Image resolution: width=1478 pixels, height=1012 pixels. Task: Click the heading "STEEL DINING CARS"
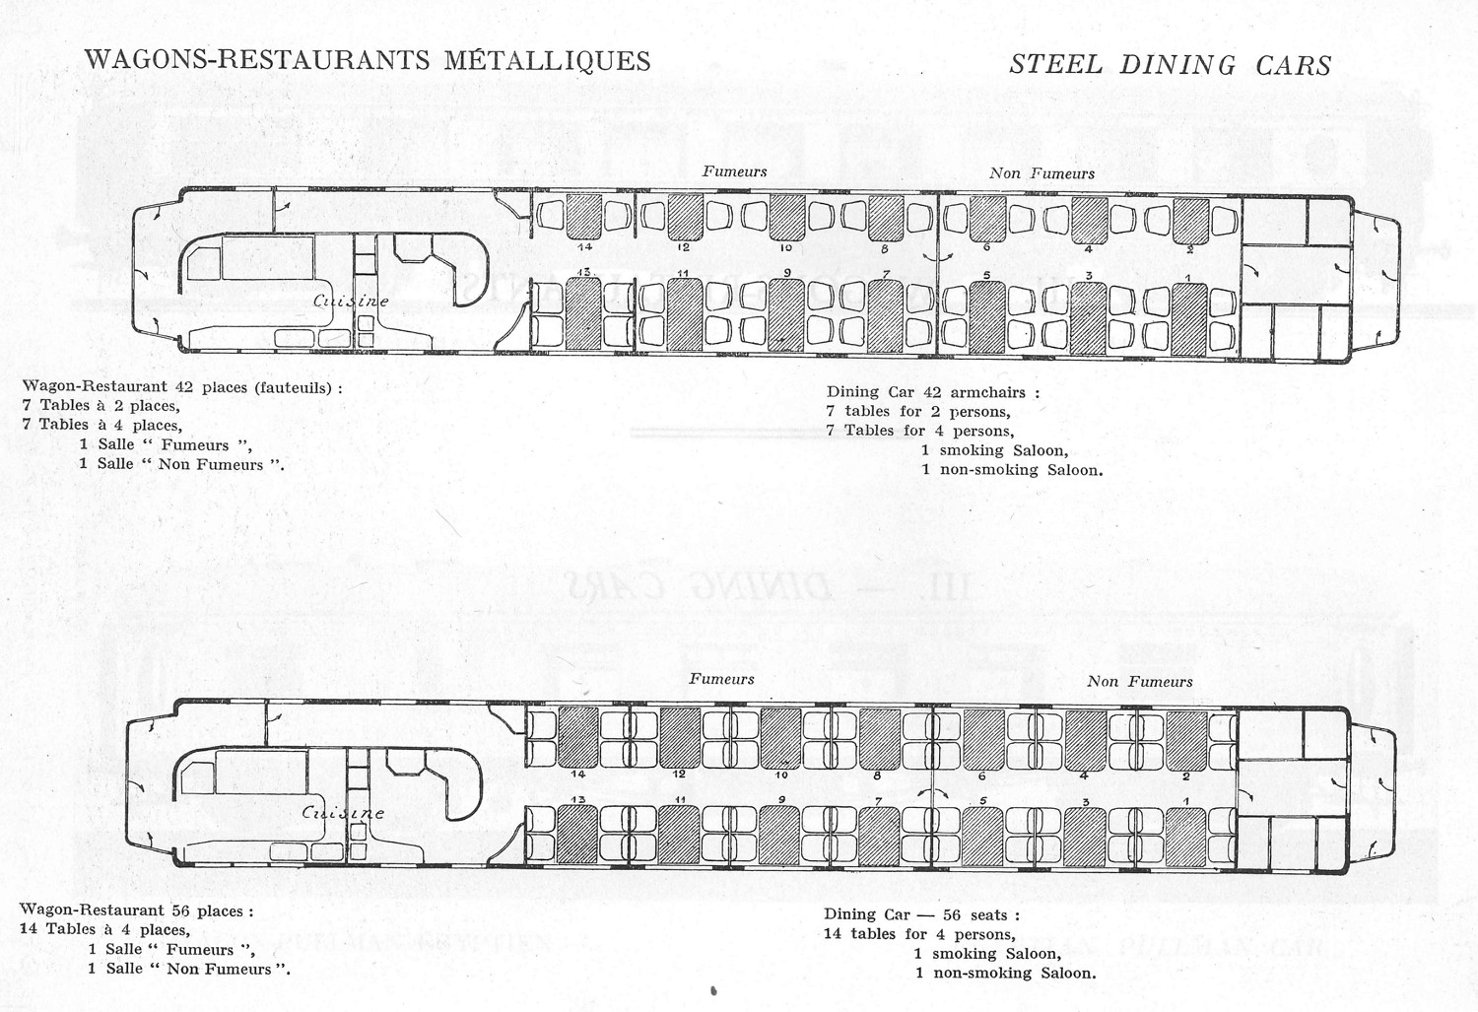tap(1170, 65)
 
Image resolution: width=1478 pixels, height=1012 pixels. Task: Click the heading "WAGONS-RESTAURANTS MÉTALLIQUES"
tap(368, 60)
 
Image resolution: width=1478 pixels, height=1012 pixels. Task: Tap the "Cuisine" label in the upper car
tap(351, 301)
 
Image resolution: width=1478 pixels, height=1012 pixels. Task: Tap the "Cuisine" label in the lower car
tap(342, 813)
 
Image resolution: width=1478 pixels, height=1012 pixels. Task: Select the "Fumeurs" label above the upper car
tap(734, 171)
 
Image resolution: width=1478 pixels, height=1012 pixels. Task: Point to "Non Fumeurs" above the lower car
tap(1139, 681)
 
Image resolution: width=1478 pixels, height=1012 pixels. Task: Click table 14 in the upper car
tap(584, 217)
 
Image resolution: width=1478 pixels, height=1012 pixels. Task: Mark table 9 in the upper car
tap(786, 315)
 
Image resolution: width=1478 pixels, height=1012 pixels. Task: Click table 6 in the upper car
tap(987, 219)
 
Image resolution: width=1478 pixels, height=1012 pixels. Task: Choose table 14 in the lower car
tap(578, 737)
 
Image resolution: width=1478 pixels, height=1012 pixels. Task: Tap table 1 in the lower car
tap(1186, 837)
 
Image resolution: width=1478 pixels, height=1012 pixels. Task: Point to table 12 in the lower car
tap(680, 737)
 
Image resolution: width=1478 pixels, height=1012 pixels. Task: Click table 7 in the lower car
tap(879, 837)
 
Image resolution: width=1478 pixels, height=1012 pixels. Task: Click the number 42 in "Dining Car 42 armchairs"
tap(931, 392)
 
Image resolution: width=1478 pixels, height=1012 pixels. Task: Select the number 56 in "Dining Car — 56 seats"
tap(952, 914)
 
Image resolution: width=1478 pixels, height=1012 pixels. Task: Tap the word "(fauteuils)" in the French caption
tap(295, 387)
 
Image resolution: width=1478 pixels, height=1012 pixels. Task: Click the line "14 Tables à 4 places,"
tap(104, 929)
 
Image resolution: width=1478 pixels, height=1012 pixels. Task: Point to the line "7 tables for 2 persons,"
tap(918, 411)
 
